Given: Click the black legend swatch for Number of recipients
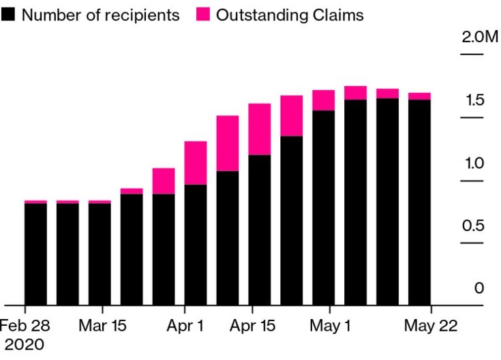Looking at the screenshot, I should [10, 15].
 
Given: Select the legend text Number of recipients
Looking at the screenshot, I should [101, 15].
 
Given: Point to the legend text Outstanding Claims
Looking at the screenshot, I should [290, 15].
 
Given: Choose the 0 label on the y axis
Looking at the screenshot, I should [479, 288].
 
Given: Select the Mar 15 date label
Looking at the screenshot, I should [102, 325].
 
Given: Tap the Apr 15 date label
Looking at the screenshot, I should [252, 325].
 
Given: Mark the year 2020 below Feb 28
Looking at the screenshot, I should [25, 345].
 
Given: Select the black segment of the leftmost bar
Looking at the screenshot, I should [35, 254].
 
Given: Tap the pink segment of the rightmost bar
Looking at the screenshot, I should [419, 96].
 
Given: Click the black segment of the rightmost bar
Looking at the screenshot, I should [419, 202].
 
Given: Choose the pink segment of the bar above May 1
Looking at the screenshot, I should [324, 100].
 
